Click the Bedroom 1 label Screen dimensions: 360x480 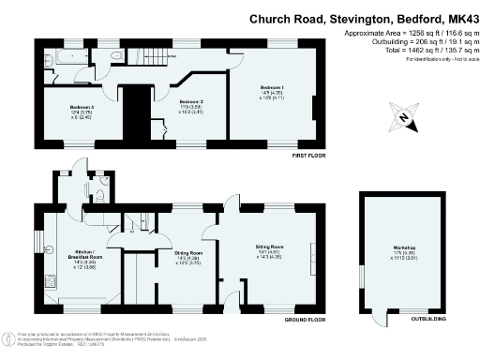[x=272, y=88]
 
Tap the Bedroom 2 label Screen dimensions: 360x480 [x=191, y=100]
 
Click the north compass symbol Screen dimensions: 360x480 [x=404, y=116]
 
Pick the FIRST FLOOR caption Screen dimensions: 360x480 [x=307, y=155]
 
